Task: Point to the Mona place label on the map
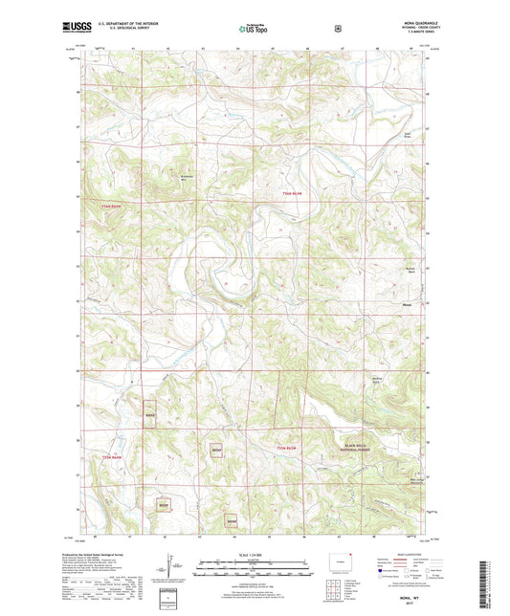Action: (x=406, y=305)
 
